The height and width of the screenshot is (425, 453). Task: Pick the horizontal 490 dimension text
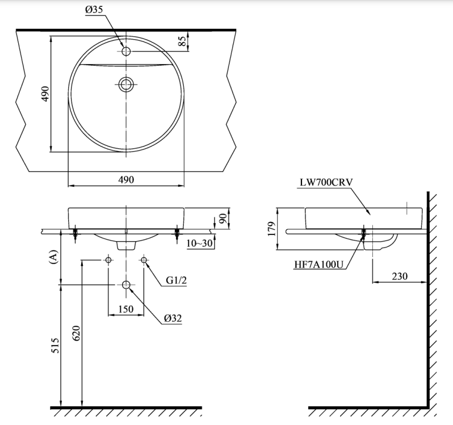[125, 179]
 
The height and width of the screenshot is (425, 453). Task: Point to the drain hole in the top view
[125, 85]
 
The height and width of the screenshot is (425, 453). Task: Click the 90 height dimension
[223, 217]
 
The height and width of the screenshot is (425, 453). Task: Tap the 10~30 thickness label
[200, 243]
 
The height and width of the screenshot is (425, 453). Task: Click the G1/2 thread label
[177, 280]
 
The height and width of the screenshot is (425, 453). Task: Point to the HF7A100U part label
[319, 263]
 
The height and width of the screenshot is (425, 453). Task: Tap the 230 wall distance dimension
[400, 275]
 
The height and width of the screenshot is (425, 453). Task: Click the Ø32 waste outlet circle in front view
[126, 284]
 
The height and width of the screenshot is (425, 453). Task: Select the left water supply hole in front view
[108, 260]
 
